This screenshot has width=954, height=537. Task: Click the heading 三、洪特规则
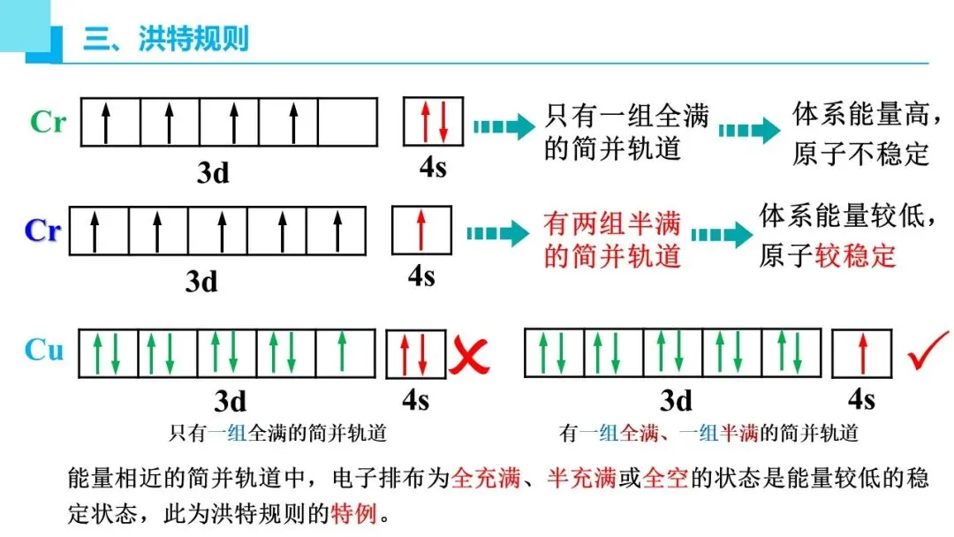[x=166, y=40]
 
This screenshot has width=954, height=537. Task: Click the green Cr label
[x=48, y=122]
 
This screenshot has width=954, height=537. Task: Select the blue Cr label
[x=42, y=231]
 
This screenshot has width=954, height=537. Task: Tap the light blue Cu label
[x=44, y=350]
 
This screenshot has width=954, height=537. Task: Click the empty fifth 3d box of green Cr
[x=347, y=122]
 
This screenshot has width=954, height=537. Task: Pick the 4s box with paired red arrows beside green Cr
[x=433, y=121]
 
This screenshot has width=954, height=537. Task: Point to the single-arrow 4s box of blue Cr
[x=421, y=231]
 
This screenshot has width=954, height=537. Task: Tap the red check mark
[x=927, y=351]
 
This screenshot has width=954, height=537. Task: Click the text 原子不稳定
[x=861, y=154]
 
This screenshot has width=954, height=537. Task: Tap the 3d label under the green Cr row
[x=213, y=172]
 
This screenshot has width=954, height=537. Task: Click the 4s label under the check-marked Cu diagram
[x=861, y=399]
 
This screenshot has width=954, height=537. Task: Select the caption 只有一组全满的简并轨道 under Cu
[x=277, y=434]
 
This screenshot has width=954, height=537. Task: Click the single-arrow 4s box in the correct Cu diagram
[x=861, y=353]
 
